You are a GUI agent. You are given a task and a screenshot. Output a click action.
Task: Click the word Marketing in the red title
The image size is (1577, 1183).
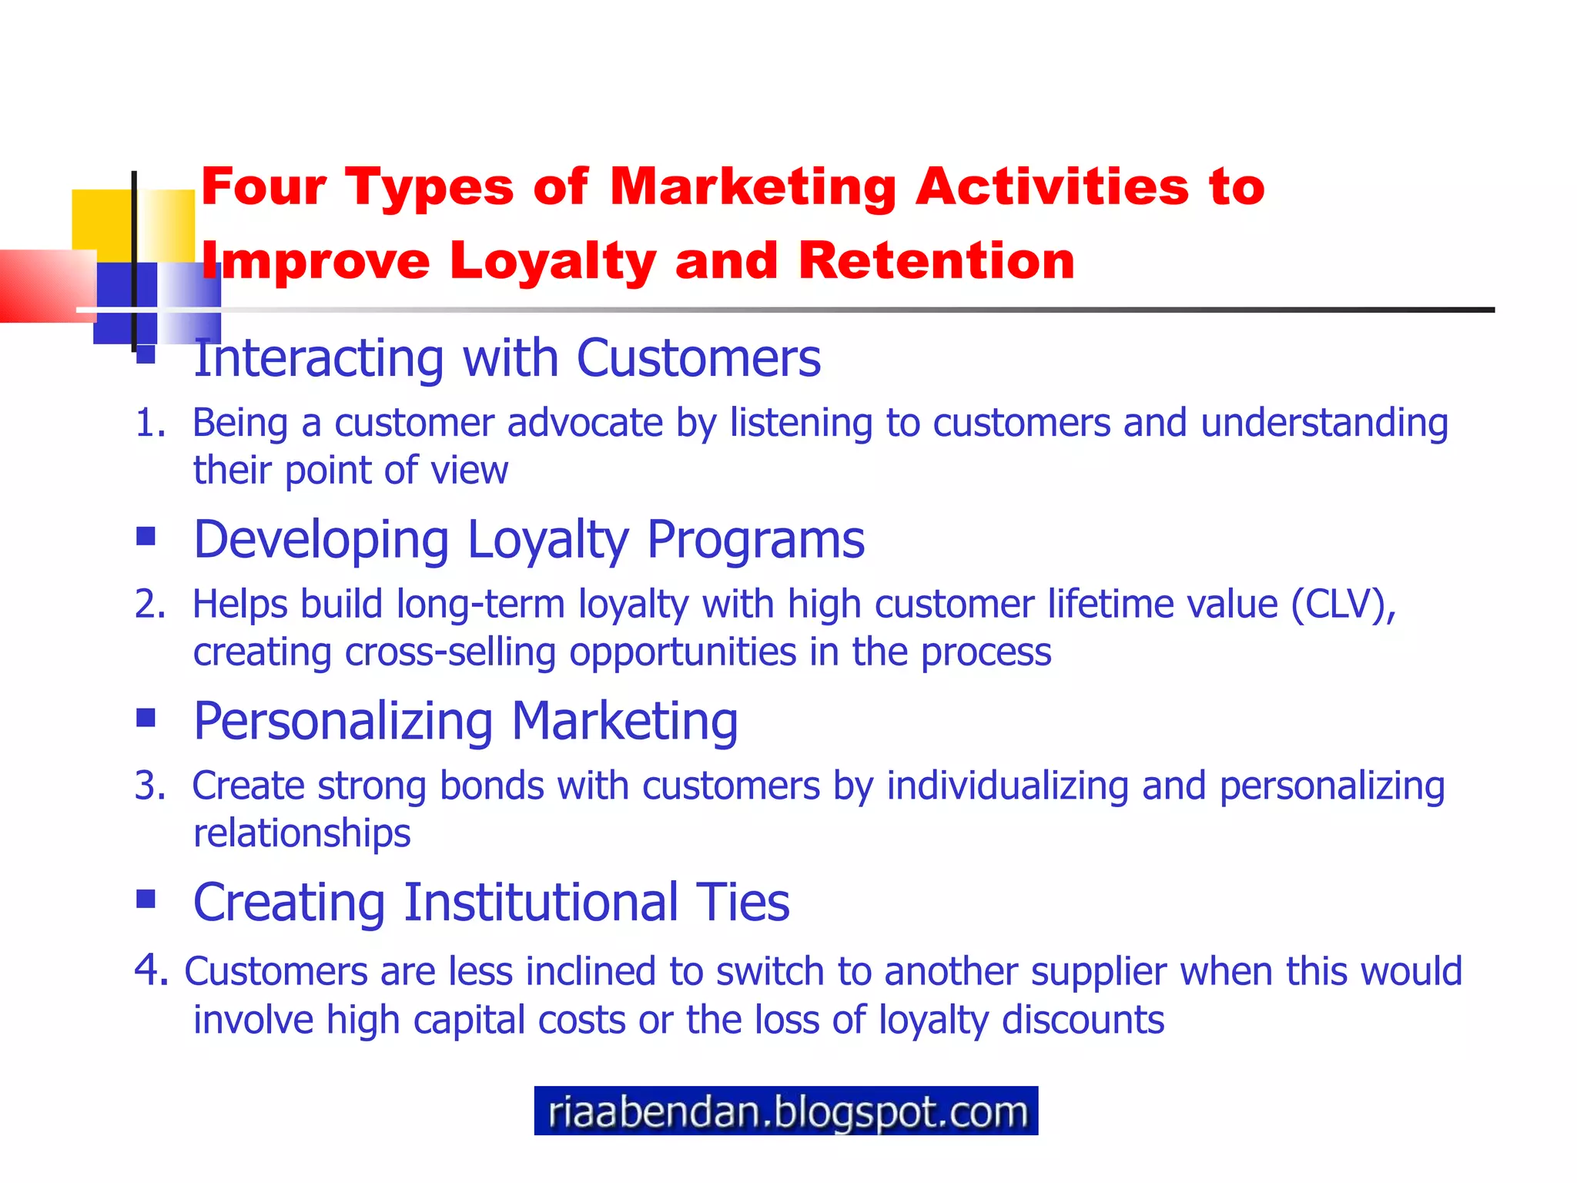(x=752, y=187)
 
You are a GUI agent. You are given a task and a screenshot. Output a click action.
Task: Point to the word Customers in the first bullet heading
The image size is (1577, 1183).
(x=698, y=358)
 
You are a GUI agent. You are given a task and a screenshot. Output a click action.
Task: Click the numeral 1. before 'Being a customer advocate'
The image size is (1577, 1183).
(x=150, y=423)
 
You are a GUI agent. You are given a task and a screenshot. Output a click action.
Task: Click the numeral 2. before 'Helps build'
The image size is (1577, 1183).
(x=150, y=604)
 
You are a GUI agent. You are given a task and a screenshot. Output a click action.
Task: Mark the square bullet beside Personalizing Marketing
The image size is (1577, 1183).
(x=146, y=717)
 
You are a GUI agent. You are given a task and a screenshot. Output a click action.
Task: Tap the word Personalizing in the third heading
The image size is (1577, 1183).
(x=343, y=721)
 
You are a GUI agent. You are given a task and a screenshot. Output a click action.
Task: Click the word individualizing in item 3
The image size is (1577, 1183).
(x=1007, y=786)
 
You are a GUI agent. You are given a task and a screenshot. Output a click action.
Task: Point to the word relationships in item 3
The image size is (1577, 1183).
(x=302, y=833)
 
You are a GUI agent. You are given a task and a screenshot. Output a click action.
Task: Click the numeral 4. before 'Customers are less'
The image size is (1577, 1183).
(x=151, y=969)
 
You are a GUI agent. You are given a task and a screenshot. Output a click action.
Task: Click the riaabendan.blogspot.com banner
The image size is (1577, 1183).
(x=785, y=1111)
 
